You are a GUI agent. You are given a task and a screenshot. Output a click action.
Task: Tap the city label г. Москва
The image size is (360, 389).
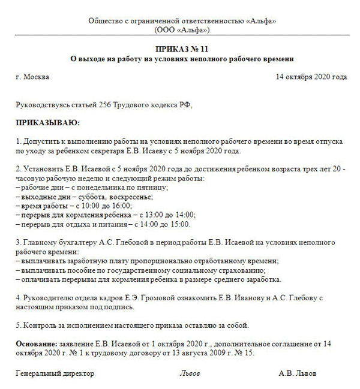click(x=33, y=77)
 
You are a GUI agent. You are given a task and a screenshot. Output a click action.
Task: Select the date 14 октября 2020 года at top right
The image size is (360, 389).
click(x=311, y=77)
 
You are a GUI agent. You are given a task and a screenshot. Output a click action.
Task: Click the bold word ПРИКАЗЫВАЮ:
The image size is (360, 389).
click(x=48, y=123)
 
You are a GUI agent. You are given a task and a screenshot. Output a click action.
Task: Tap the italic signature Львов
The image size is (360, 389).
click(x=190, y=373)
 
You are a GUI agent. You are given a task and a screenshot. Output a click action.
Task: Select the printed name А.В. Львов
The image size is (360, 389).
click(x=298, y=373)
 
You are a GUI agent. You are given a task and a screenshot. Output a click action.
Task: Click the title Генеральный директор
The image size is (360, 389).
click(x=55, y=373)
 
